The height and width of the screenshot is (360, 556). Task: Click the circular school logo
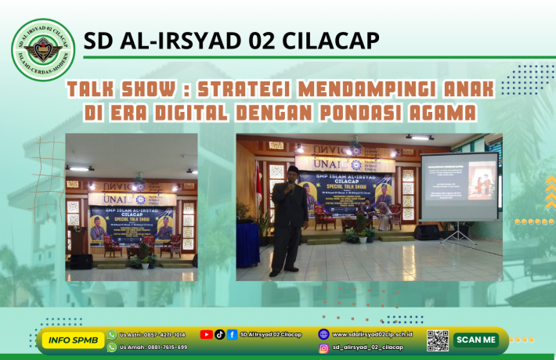tap(44, 50)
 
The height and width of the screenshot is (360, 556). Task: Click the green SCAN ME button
tap(475, 340)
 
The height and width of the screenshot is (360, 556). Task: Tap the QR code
tap(437, 340)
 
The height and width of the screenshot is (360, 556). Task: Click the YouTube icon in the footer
tap(206, 334)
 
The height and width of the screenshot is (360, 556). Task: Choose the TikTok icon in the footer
tap(219, 334)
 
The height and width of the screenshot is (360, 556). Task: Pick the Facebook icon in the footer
tap(233, 334)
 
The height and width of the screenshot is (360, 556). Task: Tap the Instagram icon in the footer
tap(323, 347)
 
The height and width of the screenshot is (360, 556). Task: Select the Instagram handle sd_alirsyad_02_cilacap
tap(368, 347)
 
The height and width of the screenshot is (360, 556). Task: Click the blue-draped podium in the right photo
tap(248, 243)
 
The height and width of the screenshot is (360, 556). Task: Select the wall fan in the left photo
tap(139, 182)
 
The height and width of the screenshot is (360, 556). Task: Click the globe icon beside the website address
tap(323, 333)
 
